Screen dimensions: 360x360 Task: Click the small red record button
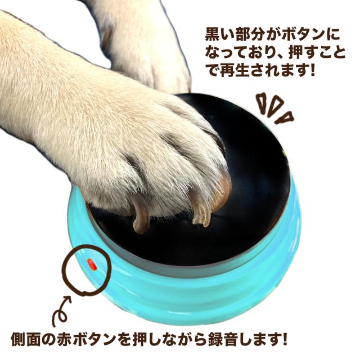point(91,263)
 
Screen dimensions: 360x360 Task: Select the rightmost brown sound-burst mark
point(286,117)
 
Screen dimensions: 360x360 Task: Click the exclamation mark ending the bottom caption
point(285,339)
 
